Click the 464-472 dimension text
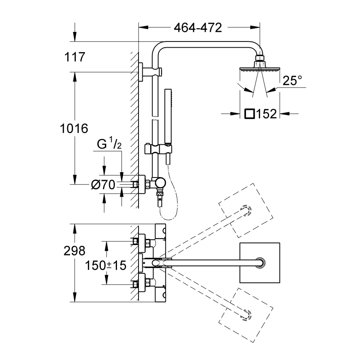pyautogui.click(x=198, y=28)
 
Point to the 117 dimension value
pyautogui.click(x=75, y=57)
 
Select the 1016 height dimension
pyautogui.click(x=74, y=128)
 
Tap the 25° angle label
pyautogui.click(x=292, y=80)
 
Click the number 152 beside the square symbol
pyautogui.click(x=267, y=114)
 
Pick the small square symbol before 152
pyautogui.click(x=250, y=114)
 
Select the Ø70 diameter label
pyautogui.click(x=103, y=185)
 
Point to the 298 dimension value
pyautogui.click(x=74, y=251)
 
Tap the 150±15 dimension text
pyautogui.click(x=106, y=265)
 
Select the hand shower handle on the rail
pyautogui.click(x=168, y=117)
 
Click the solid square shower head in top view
pyautogui.click(x=260, y=263)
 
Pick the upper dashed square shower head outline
pyautogui.click(x=246, y=210)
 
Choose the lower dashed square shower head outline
pyautogui.click(x=246, y=315)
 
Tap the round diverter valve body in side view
pyautogui.click(x=160, y=183)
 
